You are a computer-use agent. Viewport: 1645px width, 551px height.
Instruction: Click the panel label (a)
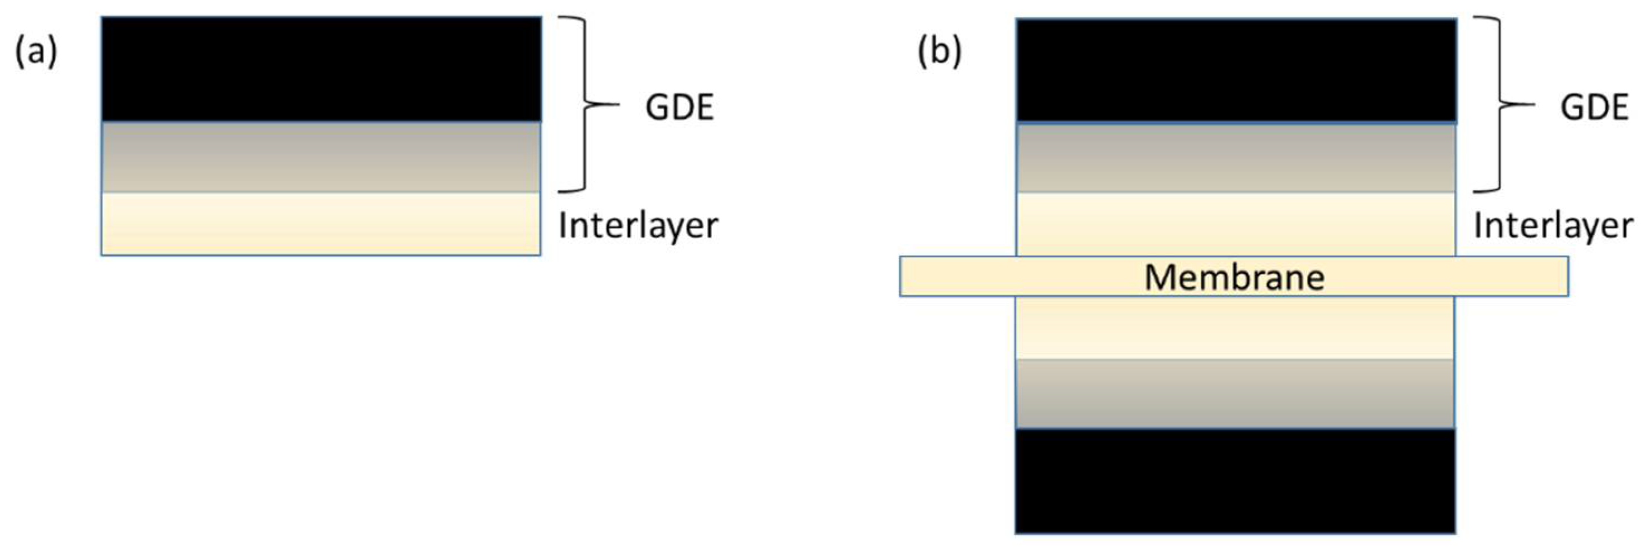(36, 52)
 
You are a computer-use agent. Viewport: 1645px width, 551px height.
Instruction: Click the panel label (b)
(939, 52)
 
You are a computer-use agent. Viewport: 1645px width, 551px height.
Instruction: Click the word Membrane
(1234, 277)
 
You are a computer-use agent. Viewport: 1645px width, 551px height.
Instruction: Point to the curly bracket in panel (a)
(583, 104)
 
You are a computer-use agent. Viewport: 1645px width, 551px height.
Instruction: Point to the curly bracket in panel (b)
(1497, 104)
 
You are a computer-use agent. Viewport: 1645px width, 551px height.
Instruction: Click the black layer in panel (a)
(321, 69)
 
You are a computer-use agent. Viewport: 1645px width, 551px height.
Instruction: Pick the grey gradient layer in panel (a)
(321, 157)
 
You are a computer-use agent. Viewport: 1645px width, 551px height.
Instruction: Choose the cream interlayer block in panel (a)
(321, 224)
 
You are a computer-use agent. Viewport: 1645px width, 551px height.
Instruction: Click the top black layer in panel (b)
(1236, 70)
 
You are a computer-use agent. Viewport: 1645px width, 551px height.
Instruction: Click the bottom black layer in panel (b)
(1236, 480)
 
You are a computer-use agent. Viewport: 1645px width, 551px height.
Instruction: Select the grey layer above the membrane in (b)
(1236, 158)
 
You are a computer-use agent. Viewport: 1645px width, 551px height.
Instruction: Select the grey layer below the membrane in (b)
(1236, 393)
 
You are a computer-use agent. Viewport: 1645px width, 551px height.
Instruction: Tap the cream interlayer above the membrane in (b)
(1236, 224)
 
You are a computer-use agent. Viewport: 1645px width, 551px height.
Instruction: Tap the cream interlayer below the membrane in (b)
(1236, 327)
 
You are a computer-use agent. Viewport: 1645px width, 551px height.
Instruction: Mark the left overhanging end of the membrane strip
(958, 277)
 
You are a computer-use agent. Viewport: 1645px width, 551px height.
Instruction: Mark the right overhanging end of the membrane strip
(1512, 277)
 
